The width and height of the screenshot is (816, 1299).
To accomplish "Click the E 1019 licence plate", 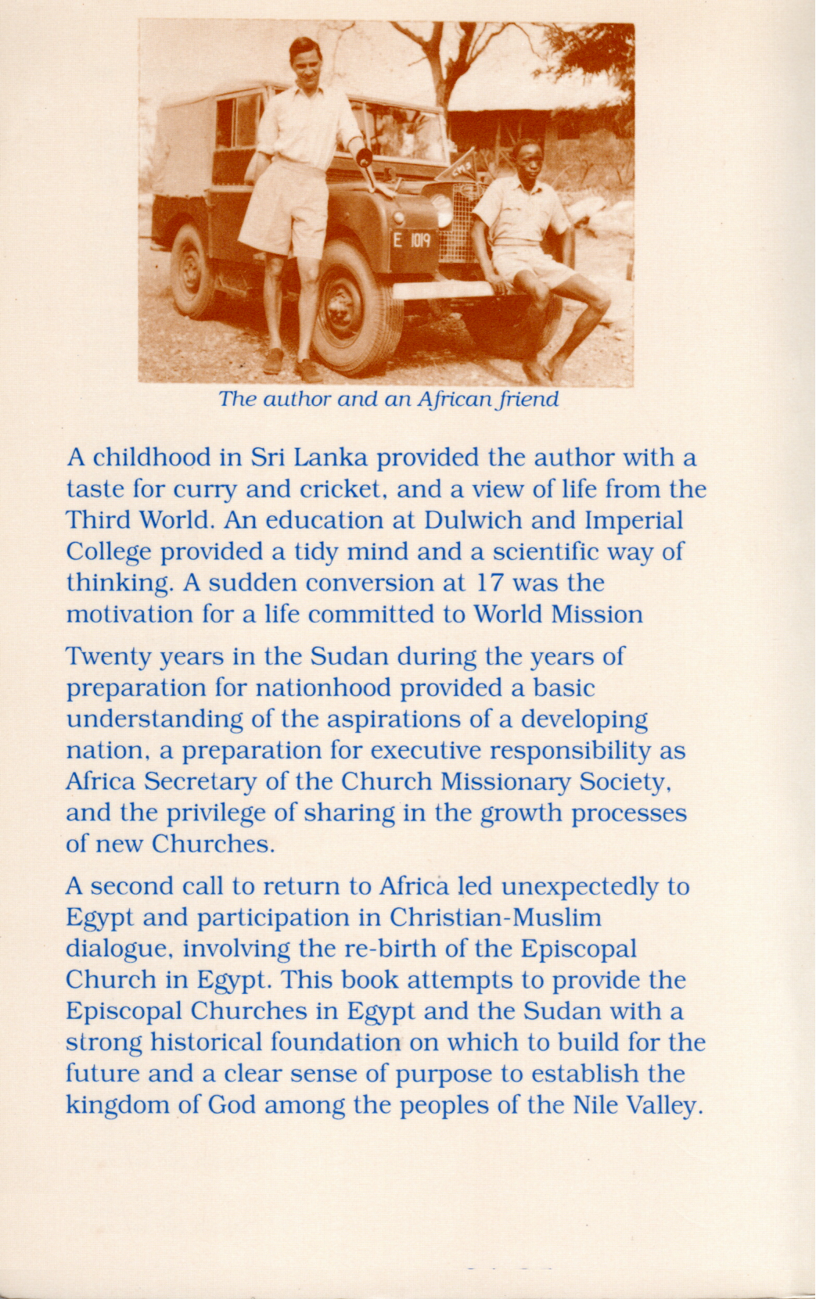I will point(410,239).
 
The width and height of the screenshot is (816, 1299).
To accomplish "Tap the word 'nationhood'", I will point(323,687).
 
